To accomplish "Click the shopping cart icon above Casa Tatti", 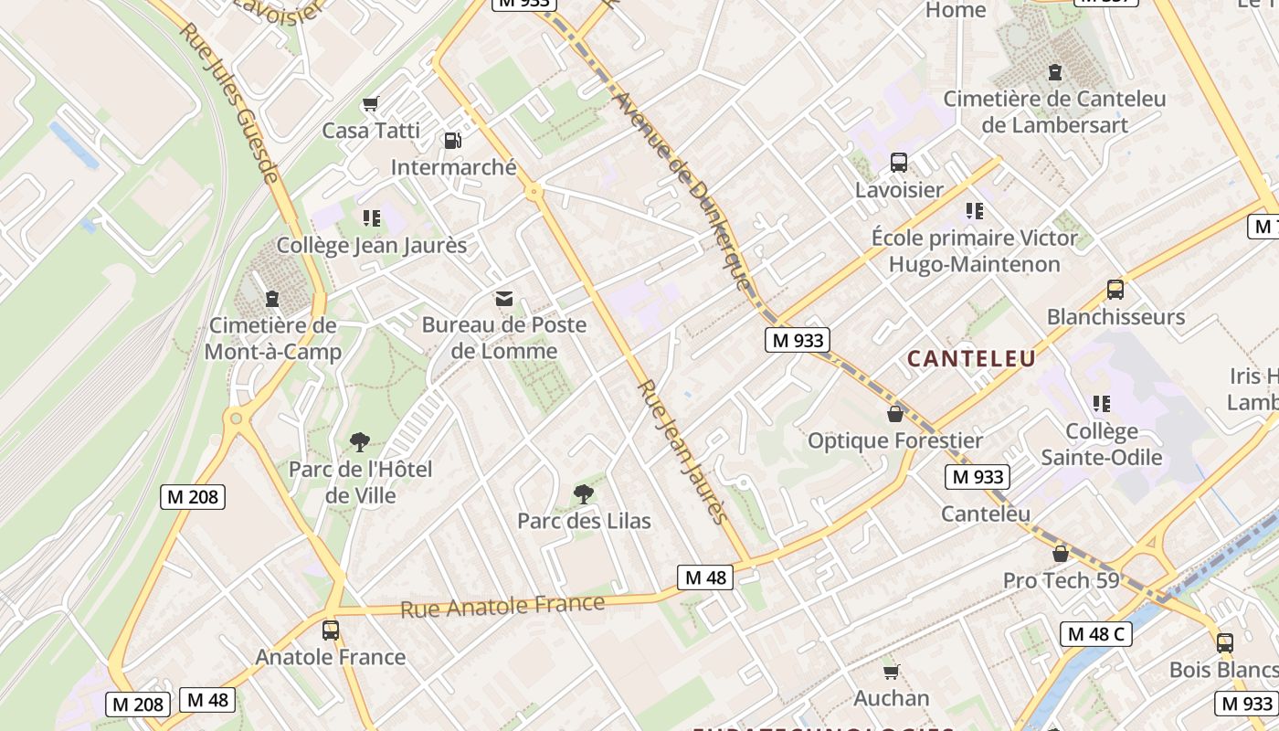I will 370,104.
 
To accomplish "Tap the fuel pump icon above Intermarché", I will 452,141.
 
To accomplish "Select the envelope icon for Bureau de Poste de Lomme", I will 503,298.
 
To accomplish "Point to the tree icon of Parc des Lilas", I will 583,494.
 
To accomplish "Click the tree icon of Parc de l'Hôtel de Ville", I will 360,442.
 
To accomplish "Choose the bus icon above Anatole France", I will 330,630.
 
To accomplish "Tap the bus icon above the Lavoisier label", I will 899,163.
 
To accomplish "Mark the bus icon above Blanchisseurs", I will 1115,290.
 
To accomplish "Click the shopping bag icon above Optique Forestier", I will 895,414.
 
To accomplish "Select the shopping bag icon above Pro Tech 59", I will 1061,554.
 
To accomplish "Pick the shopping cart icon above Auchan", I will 891,672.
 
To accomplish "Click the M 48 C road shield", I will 1096,633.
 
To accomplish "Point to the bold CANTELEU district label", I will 971,358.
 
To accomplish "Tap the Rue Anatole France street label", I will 502,606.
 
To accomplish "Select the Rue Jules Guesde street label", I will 228,102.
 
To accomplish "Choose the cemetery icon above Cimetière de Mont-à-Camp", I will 271,299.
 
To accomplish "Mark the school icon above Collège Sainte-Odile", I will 1102,404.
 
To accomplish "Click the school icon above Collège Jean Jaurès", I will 371,218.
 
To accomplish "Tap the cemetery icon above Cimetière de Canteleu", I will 1055,71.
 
